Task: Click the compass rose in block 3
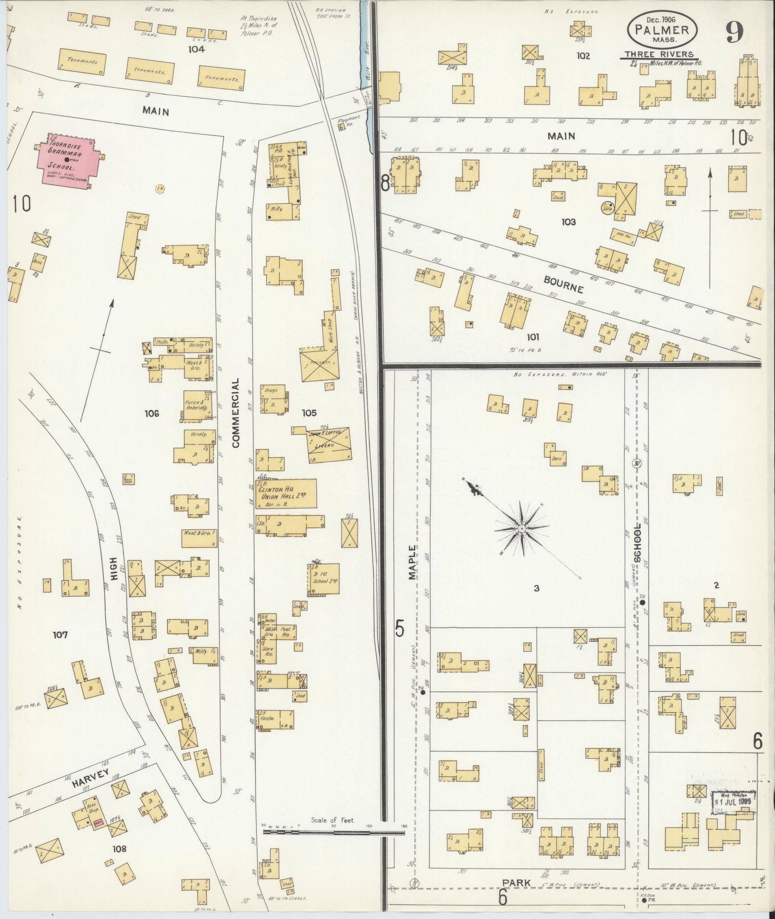(521, 528)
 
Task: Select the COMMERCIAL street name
(236, 413)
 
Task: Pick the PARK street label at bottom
(517, 883)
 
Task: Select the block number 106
(151, 413)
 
